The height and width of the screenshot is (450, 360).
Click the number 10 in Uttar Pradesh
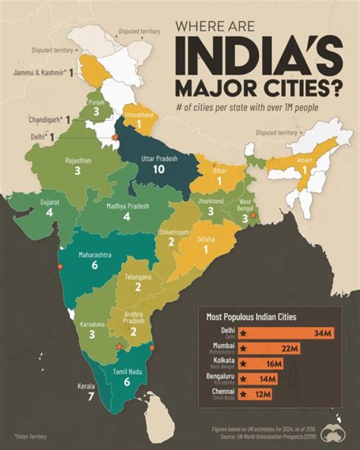coord(158,169)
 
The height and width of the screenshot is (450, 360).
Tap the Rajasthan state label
coord(77,161)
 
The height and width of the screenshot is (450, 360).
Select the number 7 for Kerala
coord(90,397)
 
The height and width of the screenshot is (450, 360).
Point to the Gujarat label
coord(49,203)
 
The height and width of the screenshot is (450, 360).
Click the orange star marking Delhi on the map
coord(115,137)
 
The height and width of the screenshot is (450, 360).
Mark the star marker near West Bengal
coord(253,215)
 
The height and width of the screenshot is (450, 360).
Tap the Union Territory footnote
coord(30,436)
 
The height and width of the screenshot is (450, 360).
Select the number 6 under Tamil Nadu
coord(126,382)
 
